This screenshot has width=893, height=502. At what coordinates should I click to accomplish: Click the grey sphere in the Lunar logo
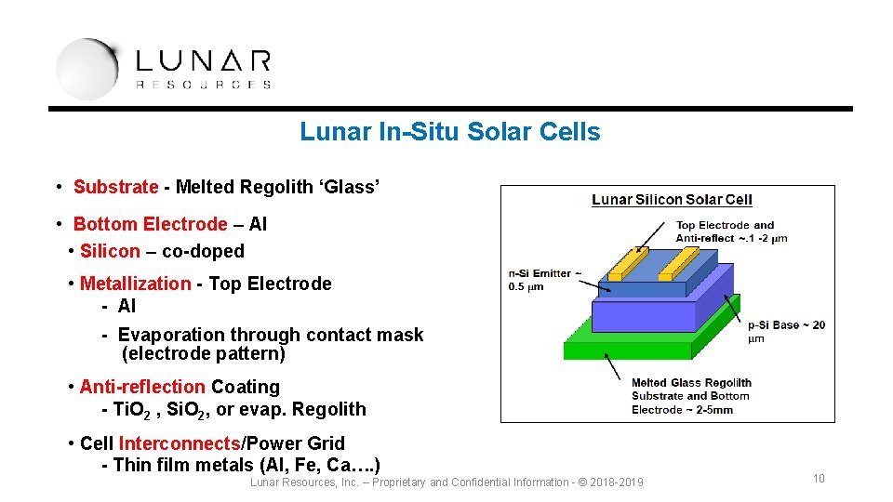(86, 69)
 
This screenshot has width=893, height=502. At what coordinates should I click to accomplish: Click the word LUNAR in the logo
(203, 61)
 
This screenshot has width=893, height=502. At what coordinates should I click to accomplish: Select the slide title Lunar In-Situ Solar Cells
(449, 132)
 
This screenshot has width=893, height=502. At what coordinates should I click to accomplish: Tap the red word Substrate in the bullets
(115, 187)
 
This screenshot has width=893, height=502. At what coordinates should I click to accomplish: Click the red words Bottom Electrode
(150, 224)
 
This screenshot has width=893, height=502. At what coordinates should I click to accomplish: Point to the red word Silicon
(110, 251)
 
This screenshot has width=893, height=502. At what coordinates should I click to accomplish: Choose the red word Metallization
(135, 284)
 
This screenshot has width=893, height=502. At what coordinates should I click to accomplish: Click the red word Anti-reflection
(141, 387)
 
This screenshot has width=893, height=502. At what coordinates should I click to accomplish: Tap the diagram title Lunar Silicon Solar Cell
(672, 200)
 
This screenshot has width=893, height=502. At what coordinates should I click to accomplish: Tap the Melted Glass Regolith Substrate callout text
(690, 396)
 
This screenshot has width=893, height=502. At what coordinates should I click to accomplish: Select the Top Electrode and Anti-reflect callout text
(731, 231)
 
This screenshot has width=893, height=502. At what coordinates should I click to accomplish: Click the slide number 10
(819, 479)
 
